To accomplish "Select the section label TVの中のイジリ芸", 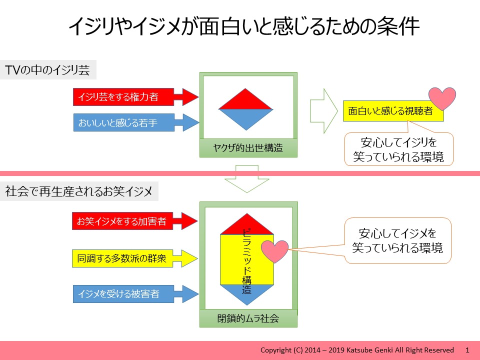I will coord(47,70).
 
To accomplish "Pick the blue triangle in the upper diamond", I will coord(246,116).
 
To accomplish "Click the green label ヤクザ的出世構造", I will coord(248,148).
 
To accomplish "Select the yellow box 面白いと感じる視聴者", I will coord(390,111).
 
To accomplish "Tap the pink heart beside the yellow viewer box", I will coord(443,98).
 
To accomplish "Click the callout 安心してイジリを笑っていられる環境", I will coord(398,149).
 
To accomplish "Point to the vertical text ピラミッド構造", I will coord(246,260).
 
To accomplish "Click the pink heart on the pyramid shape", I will coord(275,251).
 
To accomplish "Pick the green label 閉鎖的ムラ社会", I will coord(248,318).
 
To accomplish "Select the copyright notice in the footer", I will coord(357,350).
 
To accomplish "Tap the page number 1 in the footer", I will coord(467,350).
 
